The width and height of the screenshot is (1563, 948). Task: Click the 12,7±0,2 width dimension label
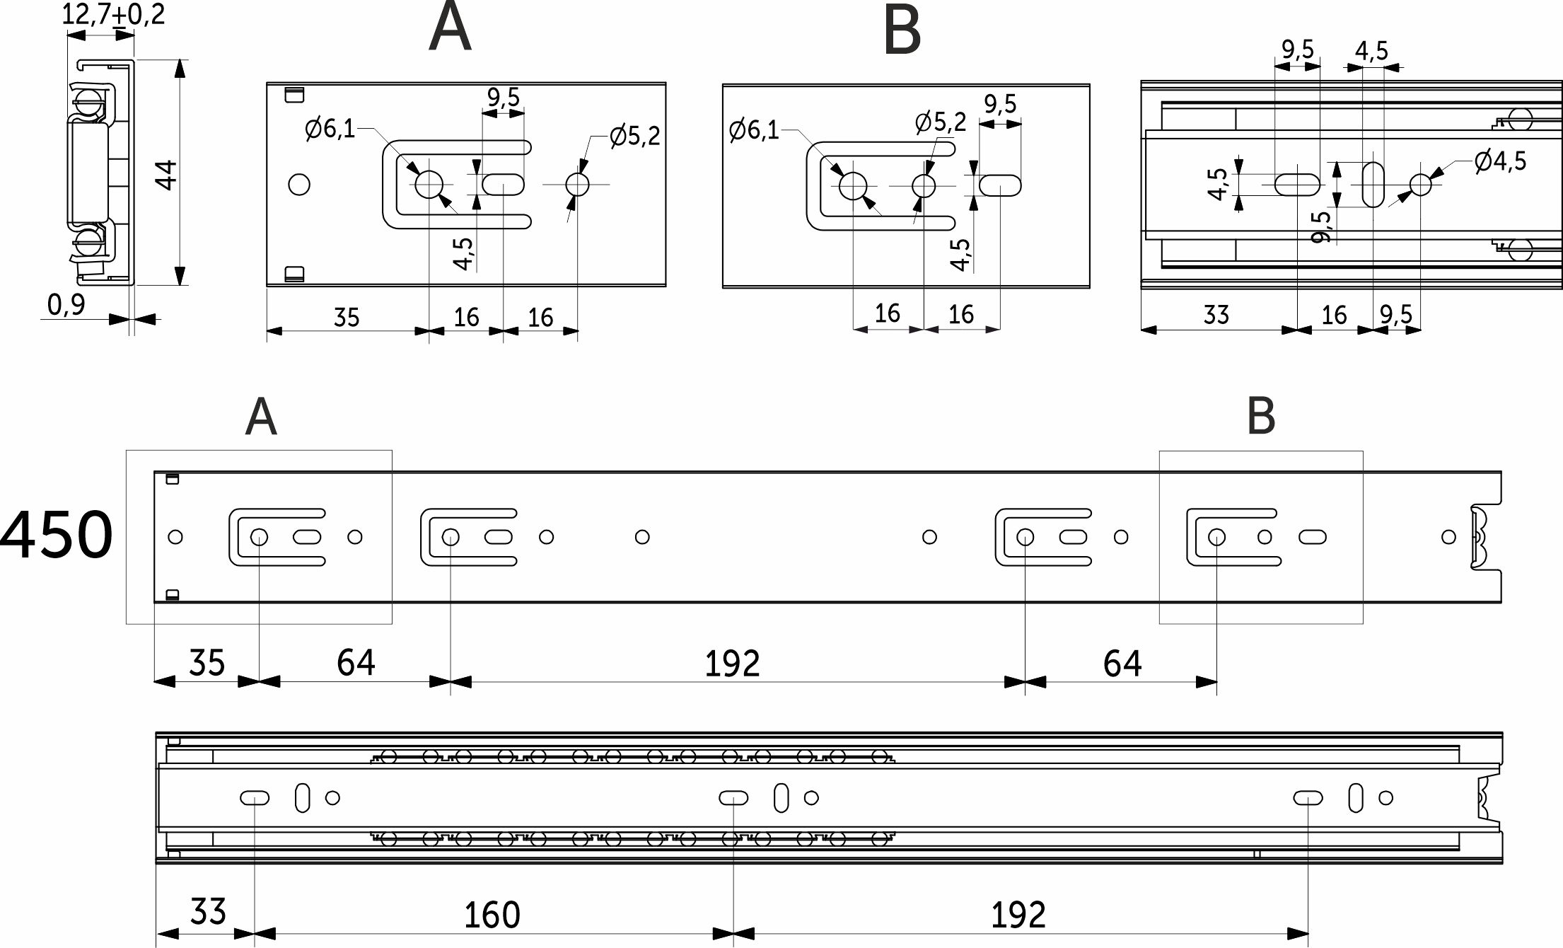pos(113,14)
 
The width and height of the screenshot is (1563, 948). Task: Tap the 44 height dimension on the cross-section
pos(166,174)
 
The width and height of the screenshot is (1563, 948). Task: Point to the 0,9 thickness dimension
pos(66,305)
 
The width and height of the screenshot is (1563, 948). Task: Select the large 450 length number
pos(57,533)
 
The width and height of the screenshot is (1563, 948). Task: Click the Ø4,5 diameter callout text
pos(1500,161)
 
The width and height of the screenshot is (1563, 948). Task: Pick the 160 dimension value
pos(492,915)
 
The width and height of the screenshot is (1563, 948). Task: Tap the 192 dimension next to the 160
pos(1018,915)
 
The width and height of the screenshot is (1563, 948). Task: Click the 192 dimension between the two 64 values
pos(732,664)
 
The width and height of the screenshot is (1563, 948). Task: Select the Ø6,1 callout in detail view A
pos(330,129)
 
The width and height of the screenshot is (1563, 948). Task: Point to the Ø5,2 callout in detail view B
pos(941,122)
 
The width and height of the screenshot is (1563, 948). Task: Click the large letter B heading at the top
pos(902,31)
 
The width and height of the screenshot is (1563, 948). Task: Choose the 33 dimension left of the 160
pos(208,912)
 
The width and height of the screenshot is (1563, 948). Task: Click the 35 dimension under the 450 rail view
pos(207,663)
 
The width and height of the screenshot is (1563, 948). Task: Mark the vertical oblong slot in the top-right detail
pos(1373,185)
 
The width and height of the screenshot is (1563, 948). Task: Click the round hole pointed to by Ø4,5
pos(1420,185)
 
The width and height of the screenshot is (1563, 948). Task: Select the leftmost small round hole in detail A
pos(299,185)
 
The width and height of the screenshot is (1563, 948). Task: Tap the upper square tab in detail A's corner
pos(294,95)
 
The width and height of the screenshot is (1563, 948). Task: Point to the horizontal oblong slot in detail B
pos(1000,186)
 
